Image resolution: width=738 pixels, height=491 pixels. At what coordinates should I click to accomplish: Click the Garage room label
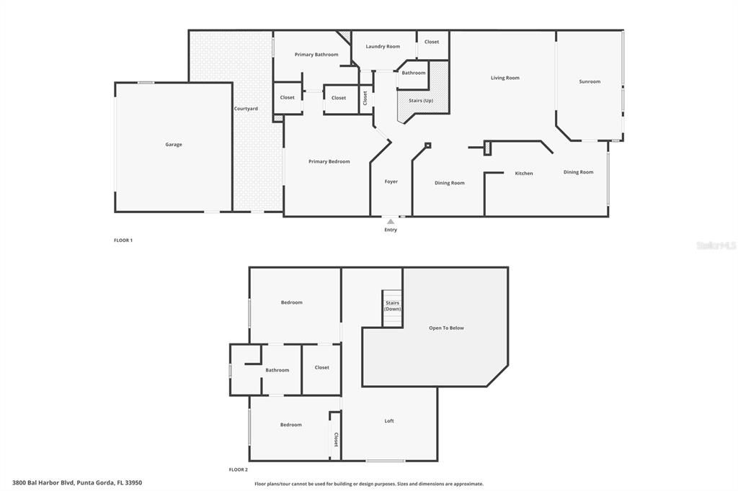(x=174, y=145)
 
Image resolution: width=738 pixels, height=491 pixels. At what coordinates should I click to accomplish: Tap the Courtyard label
(x=246, y=109)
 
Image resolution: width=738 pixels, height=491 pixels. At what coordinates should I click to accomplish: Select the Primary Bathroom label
(x=316, y=55)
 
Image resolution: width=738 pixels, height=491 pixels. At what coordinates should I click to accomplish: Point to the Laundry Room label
(x=383, y=47)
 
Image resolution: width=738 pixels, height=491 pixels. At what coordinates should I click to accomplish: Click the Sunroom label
(x=590, y=82)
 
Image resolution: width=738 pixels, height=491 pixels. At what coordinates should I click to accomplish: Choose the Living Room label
(x=505, y=78)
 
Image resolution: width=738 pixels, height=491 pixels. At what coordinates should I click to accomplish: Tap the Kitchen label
(x=524, y=174)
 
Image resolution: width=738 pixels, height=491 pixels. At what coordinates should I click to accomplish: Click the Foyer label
(x=391, y=181)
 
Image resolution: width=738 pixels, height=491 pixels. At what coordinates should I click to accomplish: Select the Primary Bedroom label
(x=329, y=161)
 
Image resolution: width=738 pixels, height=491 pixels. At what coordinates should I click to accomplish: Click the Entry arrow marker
(x=391, y=222)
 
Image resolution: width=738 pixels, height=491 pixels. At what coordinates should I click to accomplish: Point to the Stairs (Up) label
(x=421, y=100)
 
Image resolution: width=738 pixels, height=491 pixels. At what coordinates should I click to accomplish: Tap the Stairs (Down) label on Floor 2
(x=392, y=306)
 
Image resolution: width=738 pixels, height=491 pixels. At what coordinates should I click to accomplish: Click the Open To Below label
(x=447, y=328)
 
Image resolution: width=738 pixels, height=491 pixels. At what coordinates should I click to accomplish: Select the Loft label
(x=389, y=421)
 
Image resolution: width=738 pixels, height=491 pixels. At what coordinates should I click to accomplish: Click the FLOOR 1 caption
(x=123, y=240)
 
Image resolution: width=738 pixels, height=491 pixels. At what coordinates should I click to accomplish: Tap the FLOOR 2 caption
(x=239, y=469)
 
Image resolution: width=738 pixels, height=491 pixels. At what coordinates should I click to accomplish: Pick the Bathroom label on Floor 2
(x=277, y=370)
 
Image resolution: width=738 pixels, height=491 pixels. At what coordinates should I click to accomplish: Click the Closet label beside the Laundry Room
(x=432, y=42)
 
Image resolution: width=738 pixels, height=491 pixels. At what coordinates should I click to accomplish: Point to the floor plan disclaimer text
(x=369, y=484)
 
